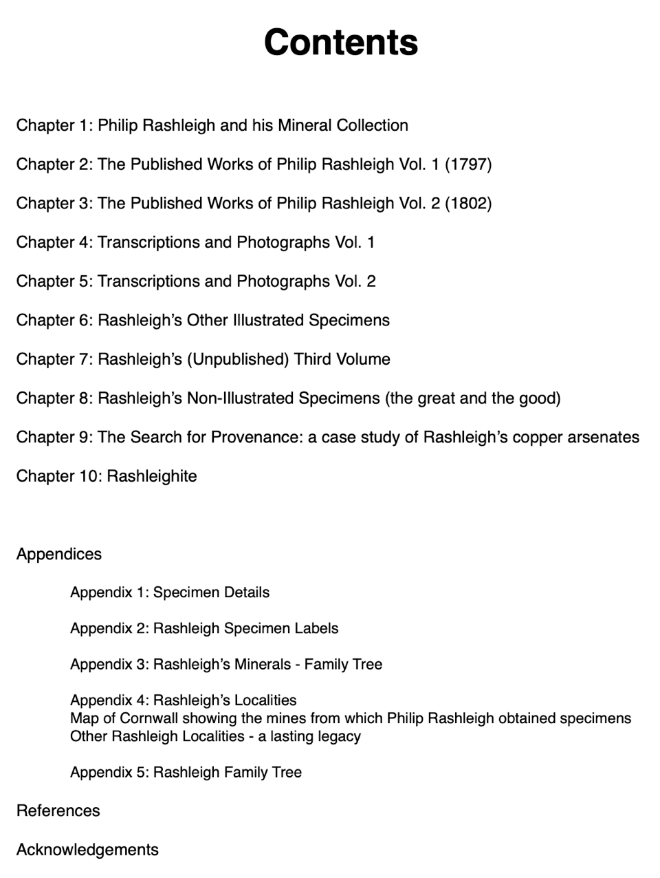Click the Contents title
tap(340, 42)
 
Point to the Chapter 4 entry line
tap(195, 242)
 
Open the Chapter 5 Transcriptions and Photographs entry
tap(195, 281)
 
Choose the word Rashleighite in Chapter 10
tap(151, 476)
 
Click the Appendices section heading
tap(59, 555)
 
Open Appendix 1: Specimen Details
tap(170, 592)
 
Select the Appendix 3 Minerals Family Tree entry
tap(226, 665)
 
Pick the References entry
tap(58, 811)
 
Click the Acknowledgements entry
tap(87, 850)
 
